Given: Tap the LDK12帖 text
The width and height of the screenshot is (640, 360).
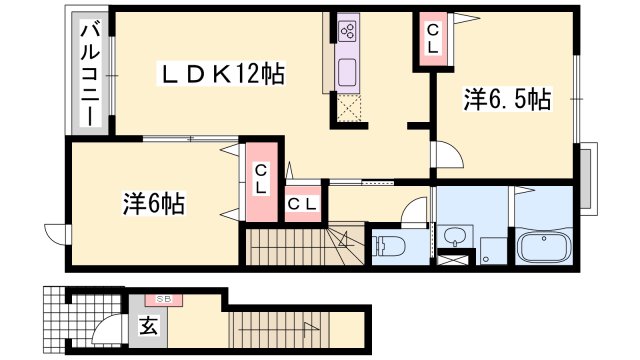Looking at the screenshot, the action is [226, 73].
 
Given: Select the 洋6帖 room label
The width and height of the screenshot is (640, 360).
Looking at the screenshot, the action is [154, 203].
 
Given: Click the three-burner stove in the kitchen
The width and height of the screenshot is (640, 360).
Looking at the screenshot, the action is [348, 31].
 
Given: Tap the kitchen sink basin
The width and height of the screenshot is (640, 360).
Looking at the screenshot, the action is [348, 72].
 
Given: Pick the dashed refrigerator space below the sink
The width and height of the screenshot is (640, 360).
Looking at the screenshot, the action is [347, 108].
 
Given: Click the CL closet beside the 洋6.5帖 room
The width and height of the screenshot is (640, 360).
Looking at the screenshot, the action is [433, 40].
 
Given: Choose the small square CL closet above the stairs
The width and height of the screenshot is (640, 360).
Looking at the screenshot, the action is [303, 204].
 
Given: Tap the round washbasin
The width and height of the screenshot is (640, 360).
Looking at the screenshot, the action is [456, 237].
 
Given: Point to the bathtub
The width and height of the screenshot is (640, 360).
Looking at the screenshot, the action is [543, 245].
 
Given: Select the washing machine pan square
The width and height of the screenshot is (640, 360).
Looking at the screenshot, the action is [492, 248].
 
